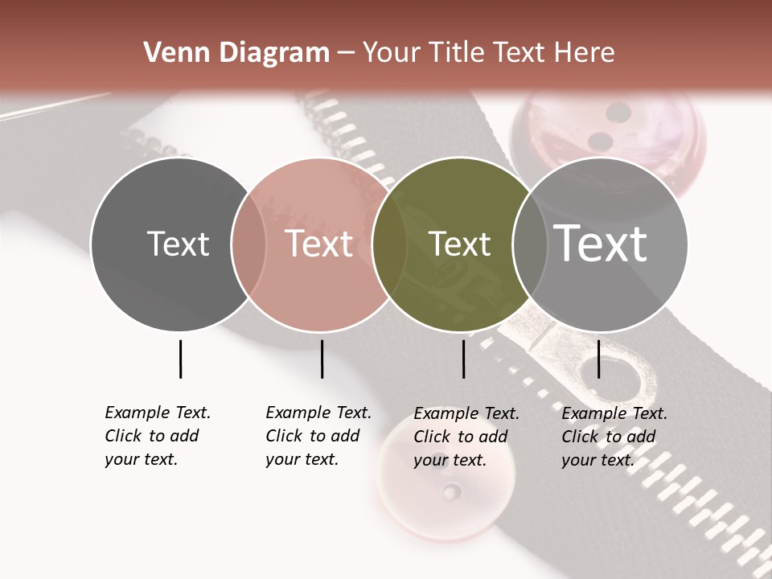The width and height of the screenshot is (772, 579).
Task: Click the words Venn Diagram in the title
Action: point(236,53)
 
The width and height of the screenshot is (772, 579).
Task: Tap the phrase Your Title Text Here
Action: point(488,53)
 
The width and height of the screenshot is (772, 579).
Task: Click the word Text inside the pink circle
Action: point(319,244)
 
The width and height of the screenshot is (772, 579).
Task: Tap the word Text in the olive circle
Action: point(459,244)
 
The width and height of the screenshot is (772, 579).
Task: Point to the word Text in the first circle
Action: point(178,244)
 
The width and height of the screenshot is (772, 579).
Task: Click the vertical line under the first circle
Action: point(180,359)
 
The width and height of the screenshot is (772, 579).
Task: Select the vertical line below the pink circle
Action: point(322,359)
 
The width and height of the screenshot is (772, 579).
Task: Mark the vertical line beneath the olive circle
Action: point(463,359)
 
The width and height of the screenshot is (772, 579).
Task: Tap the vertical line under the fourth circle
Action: point(598,359)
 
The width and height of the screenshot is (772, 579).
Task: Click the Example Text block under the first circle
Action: point(158,436)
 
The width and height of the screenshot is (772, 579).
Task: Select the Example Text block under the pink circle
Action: point(318,436)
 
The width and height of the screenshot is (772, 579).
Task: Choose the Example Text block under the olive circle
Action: point(466,437)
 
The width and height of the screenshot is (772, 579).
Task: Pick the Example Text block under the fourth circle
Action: point(614,437)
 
